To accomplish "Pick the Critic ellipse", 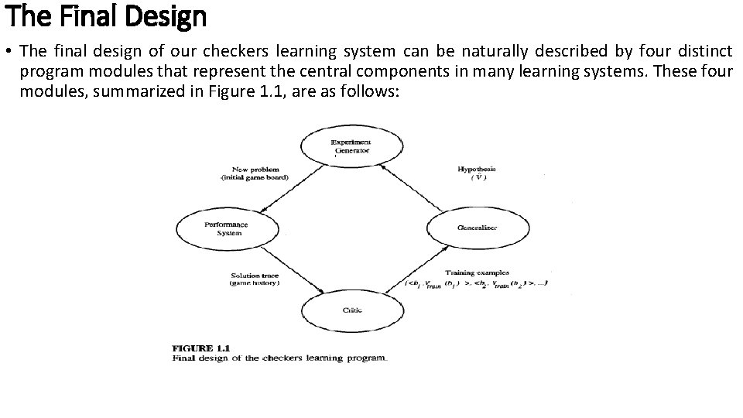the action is (x=351, y=310).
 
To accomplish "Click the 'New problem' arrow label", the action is (x=255, y=169).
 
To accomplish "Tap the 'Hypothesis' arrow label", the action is (x=477, y=169).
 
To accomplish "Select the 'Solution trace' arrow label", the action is (x=255, y=276).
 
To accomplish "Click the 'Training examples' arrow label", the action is (x=476, y=272).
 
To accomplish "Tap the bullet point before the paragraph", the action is (x=9, y=52).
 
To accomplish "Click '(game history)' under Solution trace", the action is (x=255, y=284).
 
